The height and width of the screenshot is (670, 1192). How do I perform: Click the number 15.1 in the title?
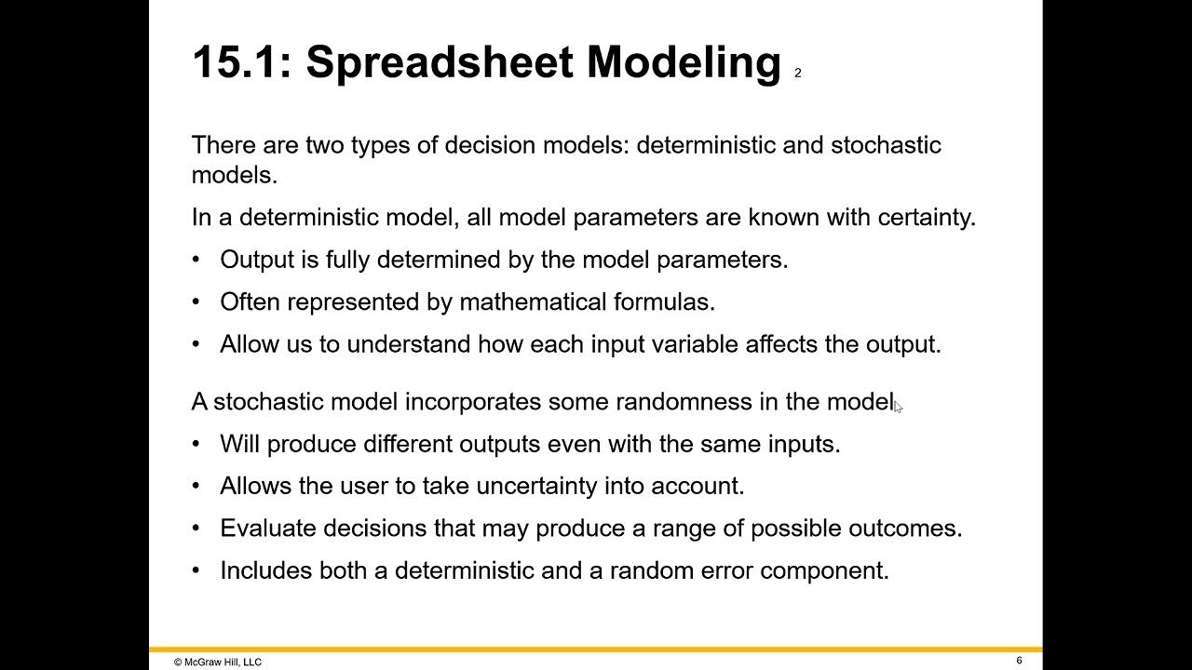pyautogui.click(x=234, y=63)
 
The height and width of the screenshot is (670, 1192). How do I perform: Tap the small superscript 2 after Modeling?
pyautogui.click(x=798, y=73)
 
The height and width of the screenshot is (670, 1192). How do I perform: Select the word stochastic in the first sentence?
pyautogui.click(x=886, y=145)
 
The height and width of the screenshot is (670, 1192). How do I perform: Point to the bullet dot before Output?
pyautogui.click(x=196, y=260)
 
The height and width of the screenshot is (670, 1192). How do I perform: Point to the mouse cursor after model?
pyautogui.click(x=898, y=406)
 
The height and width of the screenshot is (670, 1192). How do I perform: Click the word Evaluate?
pyautogui.click(x=267, y=529)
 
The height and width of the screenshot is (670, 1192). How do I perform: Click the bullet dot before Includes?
pyautogui.click(x=196, y=570)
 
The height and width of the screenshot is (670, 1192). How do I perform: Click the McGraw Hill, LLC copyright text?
pyautogui.click(x=218, y=663)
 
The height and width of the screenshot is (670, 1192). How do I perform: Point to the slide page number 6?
pyautogui.click(x=1019, y=661)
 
